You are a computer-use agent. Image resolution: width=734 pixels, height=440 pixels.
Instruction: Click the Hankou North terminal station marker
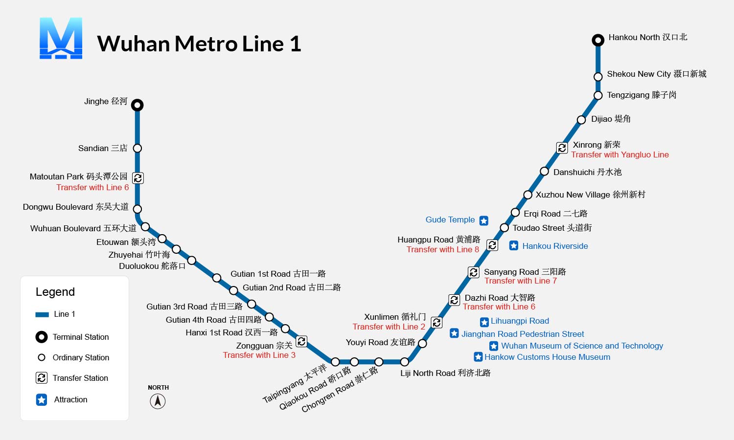coord(598,40)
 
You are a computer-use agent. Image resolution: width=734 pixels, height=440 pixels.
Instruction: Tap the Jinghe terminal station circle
coord(138,105)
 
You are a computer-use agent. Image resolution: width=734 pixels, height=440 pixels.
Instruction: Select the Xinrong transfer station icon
coord(562,148)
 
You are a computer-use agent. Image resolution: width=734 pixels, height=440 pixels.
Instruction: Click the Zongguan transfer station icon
coord(301,341)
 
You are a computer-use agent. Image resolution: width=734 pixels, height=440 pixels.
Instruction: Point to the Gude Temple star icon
coord(483,220)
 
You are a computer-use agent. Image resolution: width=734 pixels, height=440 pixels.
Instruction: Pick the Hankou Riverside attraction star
coord(514,245)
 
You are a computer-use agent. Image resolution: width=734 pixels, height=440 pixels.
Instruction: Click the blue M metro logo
coord(61,38)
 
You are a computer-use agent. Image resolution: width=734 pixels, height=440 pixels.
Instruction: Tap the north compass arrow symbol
coord(158,401)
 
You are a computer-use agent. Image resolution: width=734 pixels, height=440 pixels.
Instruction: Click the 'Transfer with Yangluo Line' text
coord(620,155)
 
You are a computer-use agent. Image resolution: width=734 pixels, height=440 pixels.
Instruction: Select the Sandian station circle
coord(138,148)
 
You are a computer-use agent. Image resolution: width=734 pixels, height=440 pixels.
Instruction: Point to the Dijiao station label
coord(611,119)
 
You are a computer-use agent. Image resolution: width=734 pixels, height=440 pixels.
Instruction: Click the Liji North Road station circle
coord(405,362)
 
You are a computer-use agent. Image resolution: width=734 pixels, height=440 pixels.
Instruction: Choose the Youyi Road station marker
coord(423,343)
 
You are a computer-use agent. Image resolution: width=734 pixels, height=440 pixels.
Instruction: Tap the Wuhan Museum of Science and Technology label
coord(582,346)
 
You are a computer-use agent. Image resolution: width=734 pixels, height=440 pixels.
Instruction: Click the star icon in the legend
coord(42,400)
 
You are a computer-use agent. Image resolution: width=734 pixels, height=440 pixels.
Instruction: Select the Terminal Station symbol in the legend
coord(42,337)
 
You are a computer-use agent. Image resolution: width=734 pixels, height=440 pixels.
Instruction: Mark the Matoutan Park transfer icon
coord(138,178)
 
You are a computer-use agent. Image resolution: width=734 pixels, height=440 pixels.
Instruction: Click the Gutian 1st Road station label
coord(278,274)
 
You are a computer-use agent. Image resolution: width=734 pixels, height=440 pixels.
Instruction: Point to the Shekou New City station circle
coord(598,77)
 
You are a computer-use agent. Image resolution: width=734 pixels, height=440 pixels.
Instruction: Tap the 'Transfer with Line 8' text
coord(443,249)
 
